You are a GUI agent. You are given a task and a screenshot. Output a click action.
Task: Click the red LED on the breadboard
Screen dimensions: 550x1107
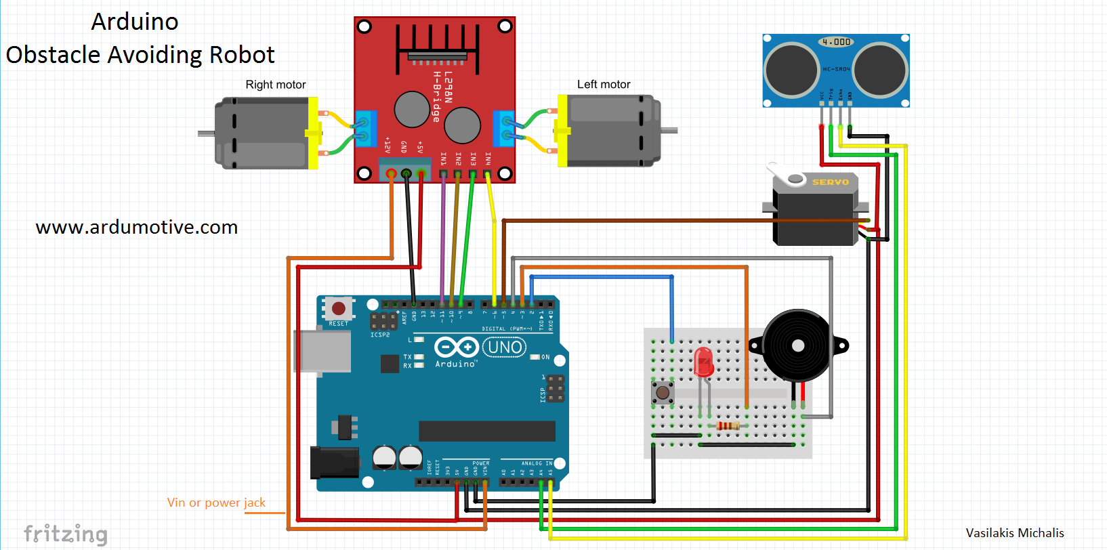coord(703,362)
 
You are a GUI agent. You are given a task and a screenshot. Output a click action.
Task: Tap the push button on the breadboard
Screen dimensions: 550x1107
coord(663,392)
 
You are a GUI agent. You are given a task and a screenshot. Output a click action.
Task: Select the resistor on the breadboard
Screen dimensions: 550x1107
coord(728,425)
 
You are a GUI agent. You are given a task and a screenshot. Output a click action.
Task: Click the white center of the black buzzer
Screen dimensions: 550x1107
coord(797,345)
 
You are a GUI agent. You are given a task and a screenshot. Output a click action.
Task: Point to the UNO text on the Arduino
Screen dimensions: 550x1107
coord(505,347)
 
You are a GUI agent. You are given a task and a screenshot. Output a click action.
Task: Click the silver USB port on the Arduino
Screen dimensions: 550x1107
coord(322,351)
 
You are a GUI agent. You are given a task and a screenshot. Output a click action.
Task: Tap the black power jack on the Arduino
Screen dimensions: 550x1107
coord(333,463)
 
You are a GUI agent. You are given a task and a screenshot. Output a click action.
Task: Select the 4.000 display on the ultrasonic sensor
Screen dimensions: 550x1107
coord(836,42)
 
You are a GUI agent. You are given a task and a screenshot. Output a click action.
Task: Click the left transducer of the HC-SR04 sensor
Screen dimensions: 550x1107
coord(791,70)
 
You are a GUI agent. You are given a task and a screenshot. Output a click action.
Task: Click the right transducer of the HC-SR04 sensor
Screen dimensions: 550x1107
coord(880,70)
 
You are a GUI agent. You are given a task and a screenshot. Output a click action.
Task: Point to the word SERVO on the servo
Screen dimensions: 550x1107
coord(830,182)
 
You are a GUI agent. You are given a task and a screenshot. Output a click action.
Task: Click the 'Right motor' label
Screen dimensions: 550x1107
coord(275,85)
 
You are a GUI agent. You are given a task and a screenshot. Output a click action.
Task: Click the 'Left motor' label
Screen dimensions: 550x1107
coord(603,85)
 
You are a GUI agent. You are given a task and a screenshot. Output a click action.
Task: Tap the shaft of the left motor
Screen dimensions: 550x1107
coord(669,130)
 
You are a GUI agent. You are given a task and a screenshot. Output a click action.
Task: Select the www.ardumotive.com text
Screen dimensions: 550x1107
coord(136,227)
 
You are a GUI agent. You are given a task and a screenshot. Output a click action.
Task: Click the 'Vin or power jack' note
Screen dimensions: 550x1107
coord(216,503)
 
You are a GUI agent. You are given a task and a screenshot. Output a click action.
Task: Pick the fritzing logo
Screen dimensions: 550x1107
coord(66,534)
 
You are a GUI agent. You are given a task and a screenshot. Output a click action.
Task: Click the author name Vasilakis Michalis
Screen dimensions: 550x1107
coord(1014,533)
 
